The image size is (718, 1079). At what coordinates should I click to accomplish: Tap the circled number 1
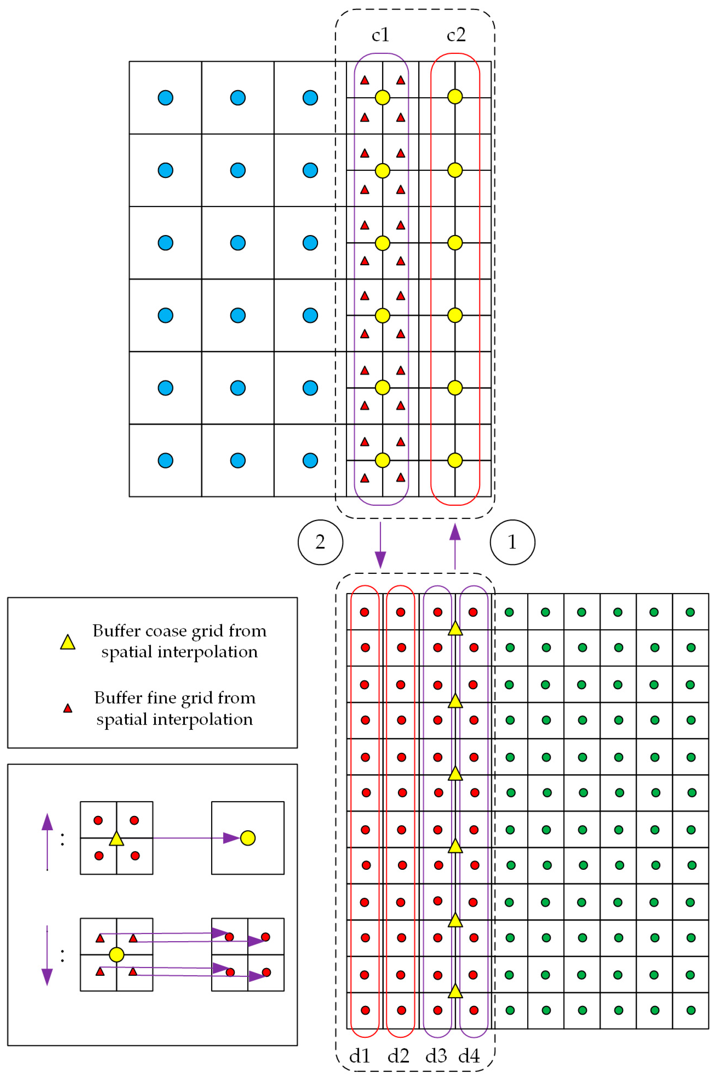pyautogui.click(x=513, y=542)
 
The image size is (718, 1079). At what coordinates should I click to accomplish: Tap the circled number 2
pyautogui.click(x=320, y=542)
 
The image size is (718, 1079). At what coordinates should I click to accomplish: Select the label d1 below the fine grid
pyautogui.click(x=360, y=1056)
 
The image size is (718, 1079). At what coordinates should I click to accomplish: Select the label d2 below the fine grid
pyautogui.click(x=398, y=1056)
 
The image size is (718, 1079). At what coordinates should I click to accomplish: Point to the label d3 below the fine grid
pyautogui.click(x=436, y=1056)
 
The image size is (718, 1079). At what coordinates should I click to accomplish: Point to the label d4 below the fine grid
pyautogui.click(x=469, y=1056)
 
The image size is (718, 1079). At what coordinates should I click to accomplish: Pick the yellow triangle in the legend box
pyautogui.click(x=68, y=642)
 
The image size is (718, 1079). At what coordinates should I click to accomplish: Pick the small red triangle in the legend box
pyautogui.click(x=68, y=708)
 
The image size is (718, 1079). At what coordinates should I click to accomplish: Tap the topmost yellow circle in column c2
pyautogui.click(x=455, y=97)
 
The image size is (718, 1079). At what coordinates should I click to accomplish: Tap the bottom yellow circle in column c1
pyautogui.click(x=382, y=460)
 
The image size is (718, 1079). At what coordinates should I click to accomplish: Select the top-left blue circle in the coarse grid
pyautogui.click(x=165, y=98)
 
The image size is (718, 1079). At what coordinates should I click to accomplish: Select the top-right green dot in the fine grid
pyautogui.click(x=690, y=612)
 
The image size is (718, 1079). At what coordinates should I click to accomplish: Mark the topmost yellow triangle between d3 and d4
pyautogui.click(x=455, y=628)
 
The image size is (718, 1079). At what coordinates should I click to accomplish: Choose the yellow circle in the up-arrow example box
pyautogui.click(x=248, y=838)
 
